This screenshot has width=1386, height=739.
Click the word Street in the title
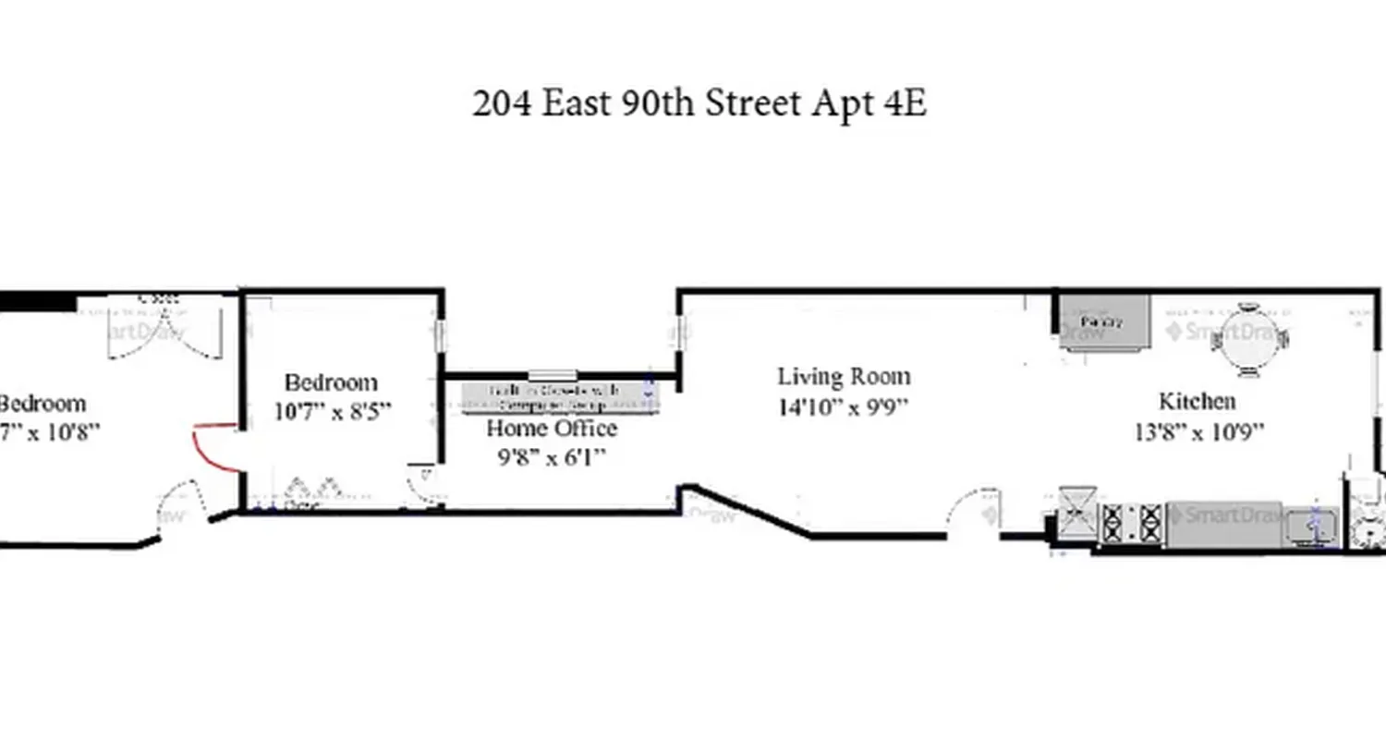754,103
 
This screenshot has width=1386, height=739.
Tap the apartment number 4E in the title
905,103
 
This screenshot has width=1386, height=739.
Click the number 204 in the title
503,103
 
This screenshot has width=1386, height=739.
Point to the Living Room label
844,377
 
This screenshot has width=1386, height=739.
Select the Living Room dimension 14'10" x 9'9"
844,406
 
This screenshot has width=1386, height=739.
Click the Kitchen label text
1198,401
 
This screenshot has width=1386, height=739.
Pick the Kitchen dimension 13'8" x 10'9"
1199,430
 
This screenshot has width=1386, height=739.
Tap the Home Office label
552,429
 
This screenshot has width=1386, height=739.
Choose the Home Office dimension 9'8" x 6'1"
552,457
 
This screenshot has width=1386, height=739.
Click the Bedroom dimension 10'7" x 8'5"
333,410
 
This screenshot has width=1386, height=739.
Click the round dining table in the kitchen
1249,339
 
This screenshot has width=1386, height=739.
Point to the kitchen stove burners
1133,524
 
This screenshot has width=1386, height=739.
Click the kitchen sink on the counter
1311,525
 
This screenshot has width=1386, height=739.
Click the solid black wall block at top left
37,302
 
